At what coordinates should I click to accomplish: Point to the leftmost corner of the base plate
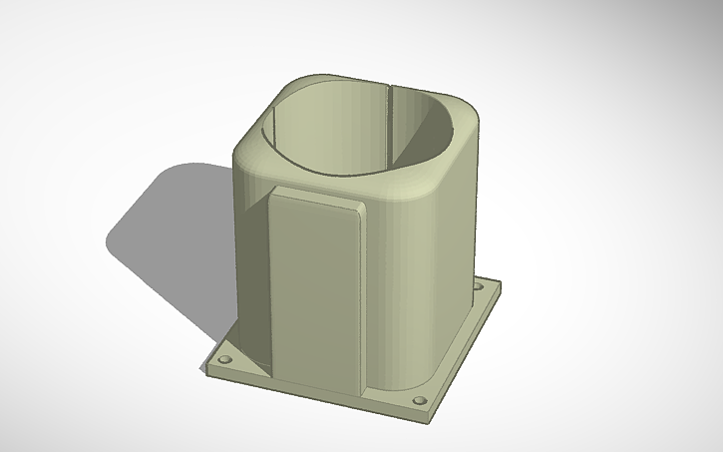[206, 368]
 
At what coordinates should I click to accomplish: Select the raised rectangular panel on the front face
[314, 289]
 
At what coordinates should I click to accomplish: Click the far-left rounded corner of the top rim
[244, 150]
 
